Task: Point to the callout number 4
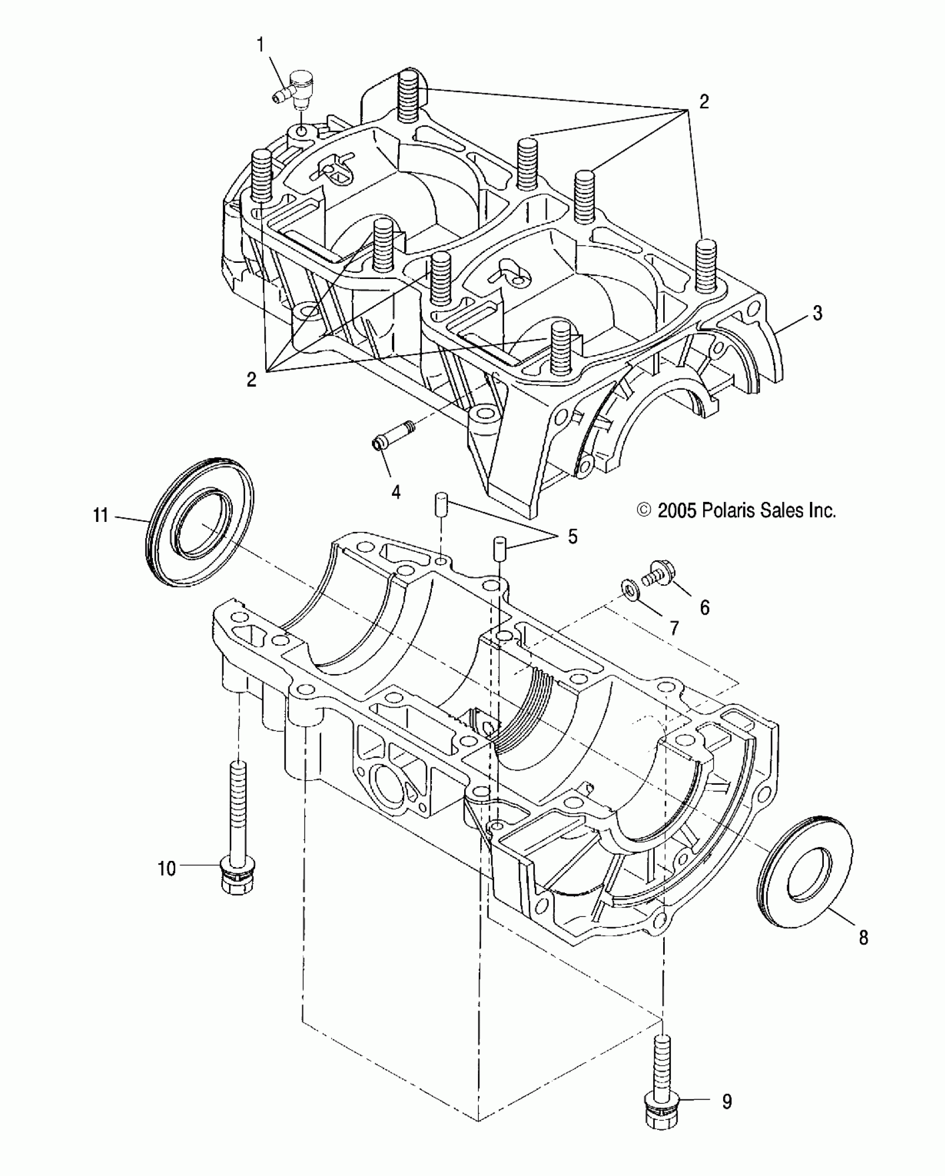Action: [x=396, y=491]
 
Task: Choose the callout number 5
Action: [x=572, y=536]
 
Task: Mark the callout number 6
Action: [x=704, y=607]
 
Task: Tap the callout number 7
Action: [x=674, y=628]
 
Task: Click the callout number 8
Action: [x=863, y=938]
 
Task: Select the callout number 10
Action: [x=167, y=868]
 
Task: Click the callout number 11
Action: [x=101, y=515]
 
